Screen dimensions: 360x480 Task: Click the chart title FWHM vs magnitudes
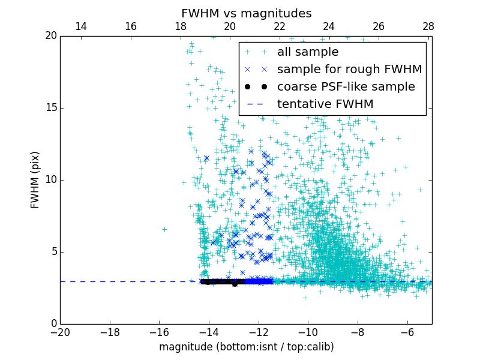[246, 13]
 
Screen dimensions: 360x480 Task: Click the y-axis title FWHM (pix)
[35, 179]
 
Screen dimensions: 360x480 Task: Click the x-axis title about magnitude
[246, 347]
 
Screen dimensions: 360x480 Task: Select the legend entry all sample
[308, 52]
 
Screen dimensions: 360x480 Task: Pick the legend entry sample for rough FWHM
[349, 70]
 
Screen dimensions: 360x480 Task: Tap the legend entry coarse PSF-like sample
[346, 87]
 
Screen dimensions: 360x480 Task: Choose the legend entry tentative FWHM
[325, 104]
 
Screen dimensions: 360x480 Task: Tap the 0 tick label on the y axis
[53, 324]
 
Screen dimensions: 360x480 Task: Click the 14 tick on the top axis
[81, 26]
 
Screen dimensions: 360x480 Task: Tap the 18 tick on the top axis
[180, 26]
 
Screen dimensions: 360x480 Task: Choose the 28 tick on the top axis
[428, 26]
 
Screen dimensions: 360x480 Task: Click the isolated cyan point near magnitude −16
[164, 229]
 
